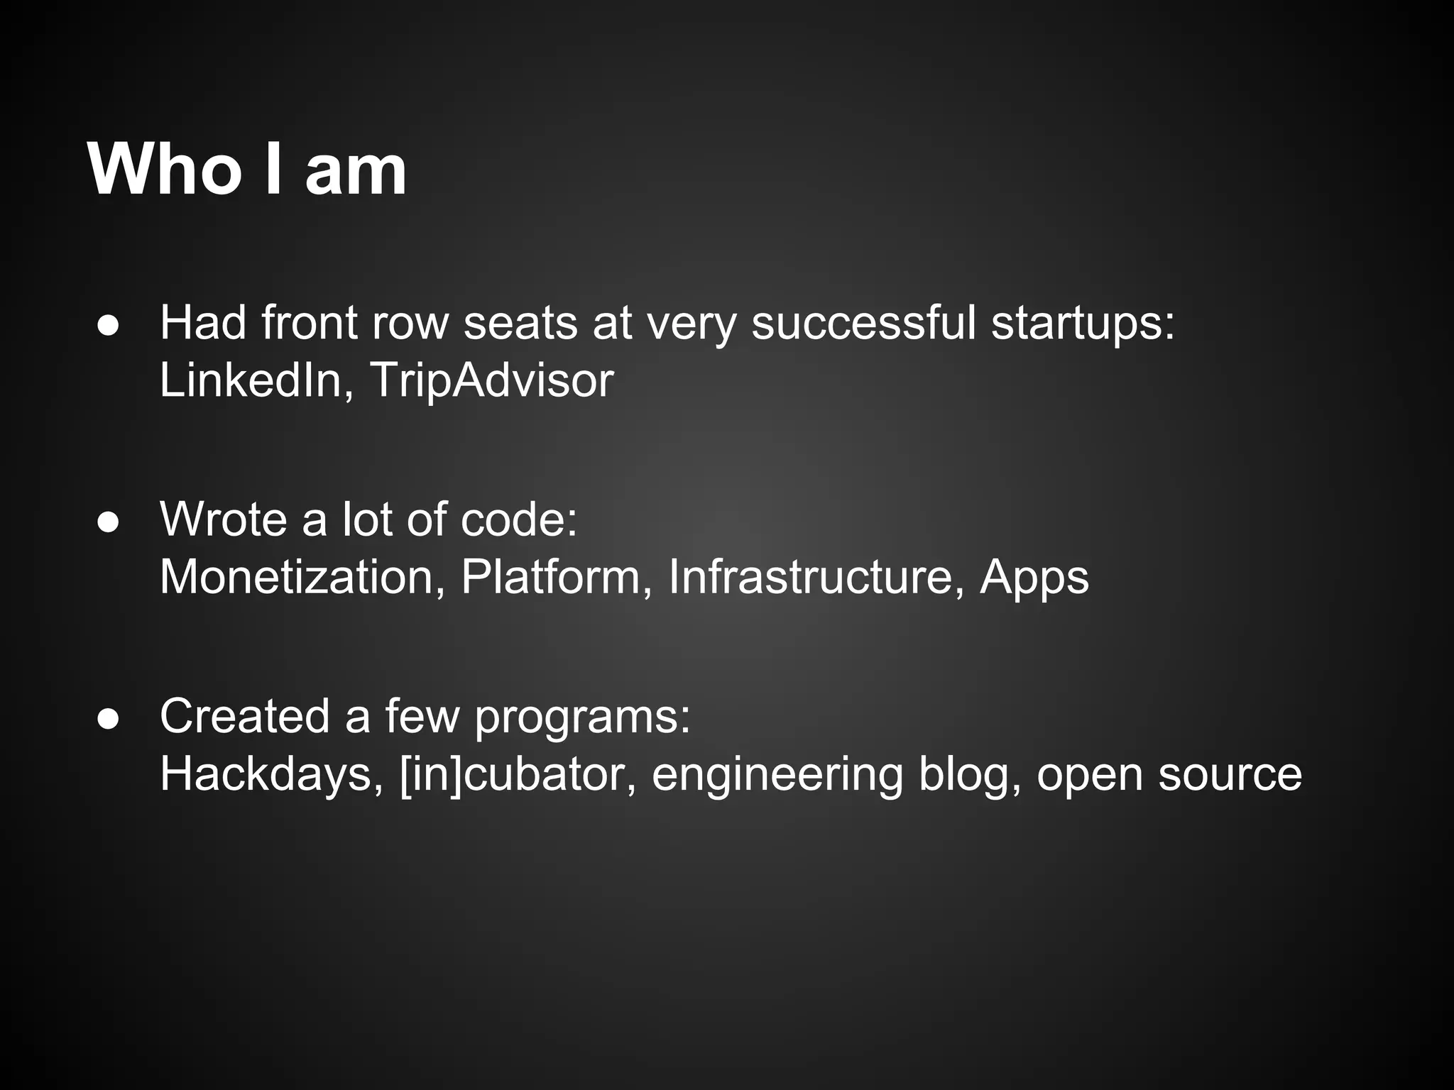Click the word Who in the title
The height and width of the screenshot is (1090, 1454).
click(165, 170)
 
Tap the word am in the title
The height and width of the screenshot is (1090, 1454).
click(356, 172)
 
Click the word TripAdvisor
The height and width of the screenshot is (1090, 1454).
click(491, 382)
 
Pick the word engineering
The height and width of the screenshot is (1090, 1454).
click(777, 776)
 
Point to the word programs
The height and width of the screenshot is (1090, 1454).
click(582, 718)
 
